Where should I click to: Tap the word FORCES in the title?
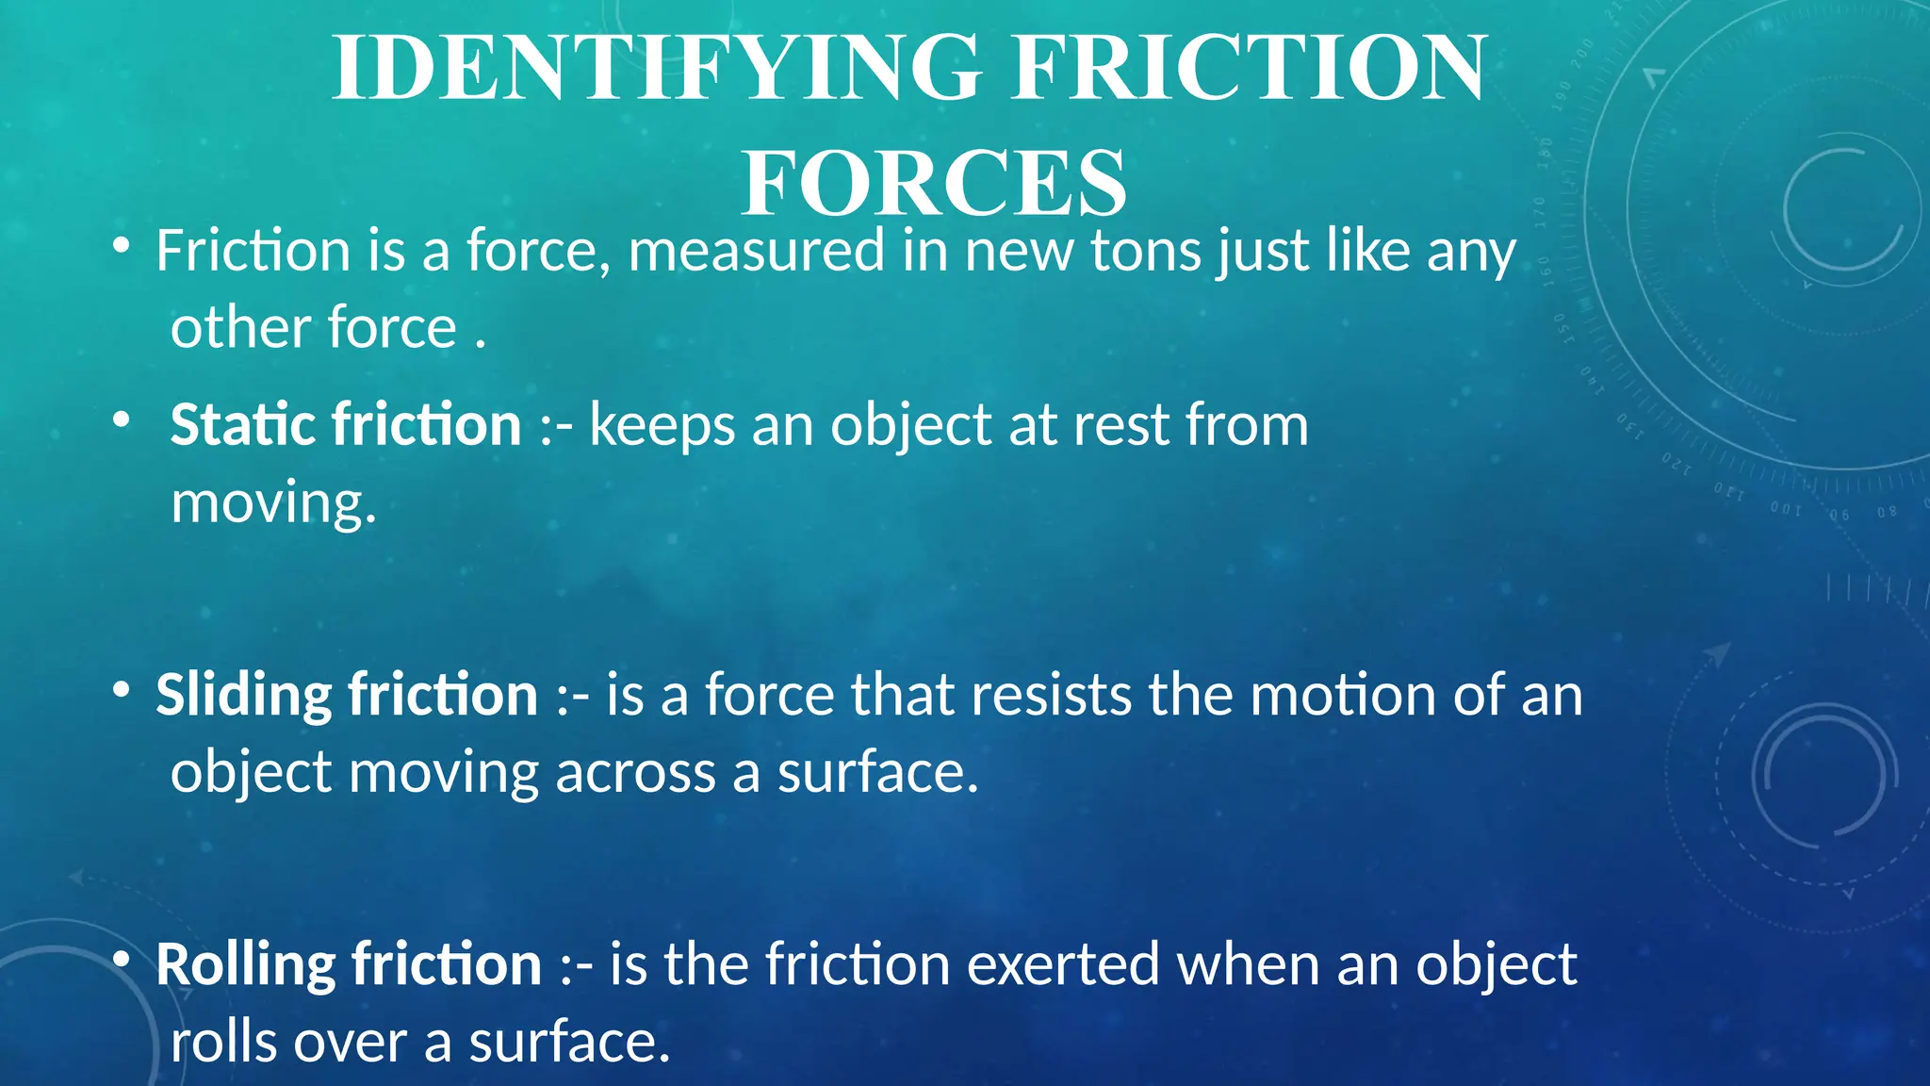coord(934,183)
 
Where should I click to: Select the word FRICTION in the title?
coord(1250,68)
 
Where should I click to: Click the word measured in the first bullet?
coord(756,252)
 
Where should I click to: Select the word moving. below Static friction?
coord(273,503)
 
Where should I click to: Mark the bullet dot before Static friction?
coord(121,420)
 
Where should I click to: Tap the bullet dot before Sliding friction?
coord(121,691)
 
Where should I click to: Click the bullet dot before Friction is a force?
coord(121,247)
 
